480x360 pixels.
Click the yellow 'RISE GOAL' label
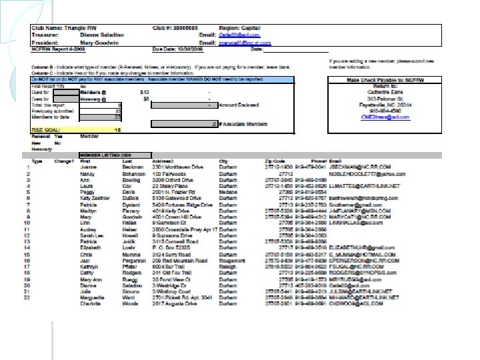tap(47, 129)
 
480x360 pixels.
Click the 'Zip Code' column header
tap(274, 161)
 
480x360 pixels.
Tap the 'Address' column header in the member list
tap(163, 161)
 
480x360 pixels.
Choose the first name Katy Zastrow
tap(93, 197)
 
